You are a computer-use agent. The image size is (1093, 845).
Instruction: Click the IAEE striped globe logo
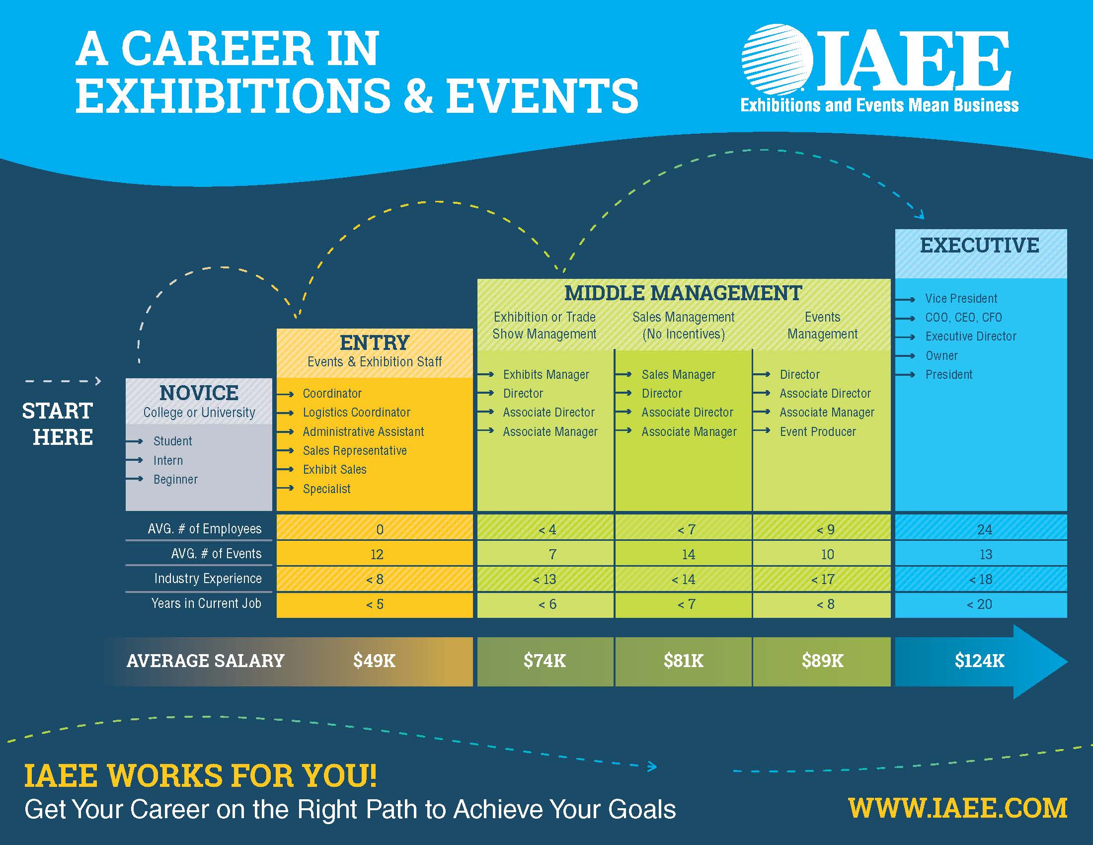click(777, 60)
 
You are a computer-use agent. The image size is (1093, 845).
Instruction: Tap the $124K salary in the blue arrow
click(979, 661)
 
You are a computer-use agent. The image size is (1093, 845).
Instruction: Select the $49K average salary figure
click(374, 661)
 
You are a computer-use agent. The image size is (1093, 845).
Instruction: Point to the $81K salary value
click(684, 661)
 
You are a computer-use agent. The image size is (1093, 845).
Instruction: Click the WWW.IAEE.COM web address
click(958, 808)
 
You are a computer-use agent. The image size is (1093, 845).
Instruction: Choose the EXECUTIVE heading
click(980, 245)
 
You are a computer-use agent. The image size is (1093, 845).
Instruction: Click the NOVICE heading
click(199, 393)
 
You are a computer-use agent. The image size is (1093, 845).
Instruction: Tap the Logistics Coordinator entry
click(356, 413)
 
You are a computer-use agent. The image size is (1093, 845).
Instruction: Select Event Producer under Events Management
click(818, 431)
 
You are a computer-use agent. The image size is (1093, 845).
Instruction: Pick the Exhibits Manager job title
click(546, 374)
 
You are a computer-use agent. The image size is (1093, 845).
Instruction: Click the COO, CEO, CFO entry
click(963, 318)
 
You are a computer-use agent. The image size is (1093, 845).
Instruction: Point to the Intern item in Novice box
click(168, 461)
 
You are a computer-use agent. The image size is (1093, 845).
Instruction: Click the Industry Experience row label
click(208, 579)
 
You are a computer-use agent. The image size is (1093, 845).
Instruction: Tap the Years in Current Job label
click(206, 604)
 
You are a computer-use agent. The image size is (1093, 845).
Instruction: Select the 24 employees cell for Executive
click(984, 530)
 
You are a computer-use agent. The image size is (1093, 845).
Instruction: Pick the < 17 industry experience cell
click(823, 580)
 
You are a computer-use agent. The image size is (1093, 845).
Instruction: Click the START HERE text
click(58, 424)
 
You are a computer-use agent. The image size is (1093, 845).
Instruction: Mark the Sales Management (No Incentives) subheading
click(684, 326)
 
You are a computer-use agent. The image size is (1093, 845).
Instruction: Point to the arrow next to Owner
click(905, 356)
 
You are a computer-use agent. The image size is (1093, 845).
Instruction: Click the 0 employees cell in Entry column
click(380, 530)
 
